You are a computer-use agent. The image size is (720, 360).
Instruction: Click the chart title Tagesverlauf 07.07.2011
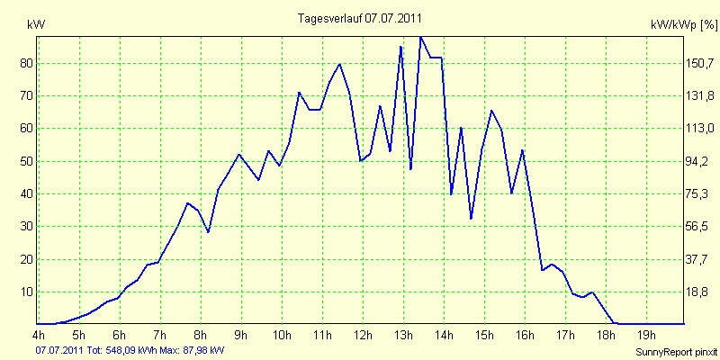click(x=359, y=18)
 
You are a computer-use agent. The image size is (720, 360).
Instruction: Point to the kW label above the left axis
click(x=36, y=25)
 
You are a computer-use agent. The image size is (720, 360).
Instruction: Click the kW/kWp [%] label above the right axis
click(x=683, y=25)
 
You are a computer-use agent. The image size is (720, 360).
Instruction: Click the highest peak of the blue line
click(x=420, y=37)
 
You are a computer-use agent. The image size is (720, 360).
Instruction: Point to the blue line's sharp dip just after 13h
click(x=410, y=169)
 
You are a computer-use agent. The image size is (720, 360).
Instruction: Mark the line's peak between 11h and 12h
click(x=339, y=64)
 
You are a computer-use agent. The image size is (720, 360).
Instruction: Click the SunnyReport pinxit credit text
click(x=677, y=352)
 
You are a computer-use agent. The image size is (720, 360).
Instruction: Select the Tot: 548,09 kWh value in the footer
click(x=125, y=350)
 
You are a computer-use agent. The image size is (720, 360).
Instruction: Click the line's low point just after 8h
click(x=208, y=231)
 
